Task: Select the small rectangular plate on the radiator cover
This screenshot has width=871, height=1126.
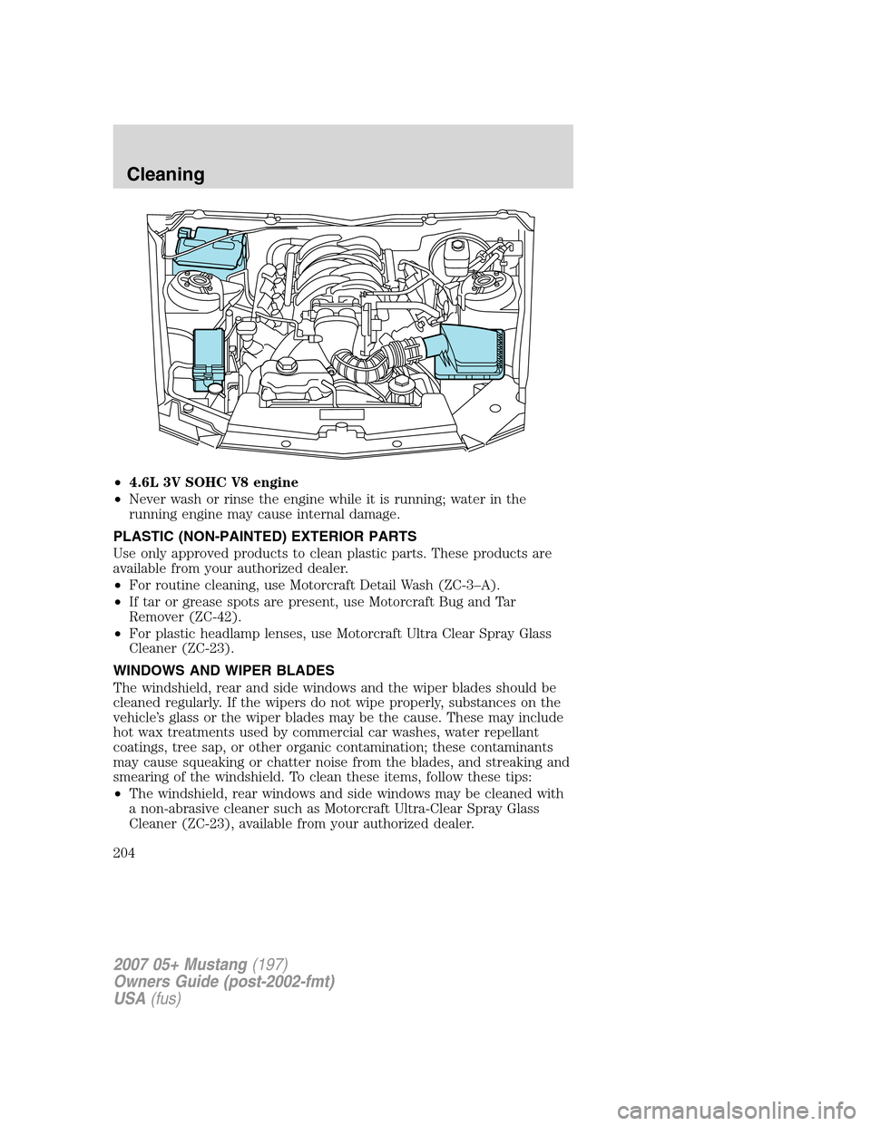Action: pos(344,413)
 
